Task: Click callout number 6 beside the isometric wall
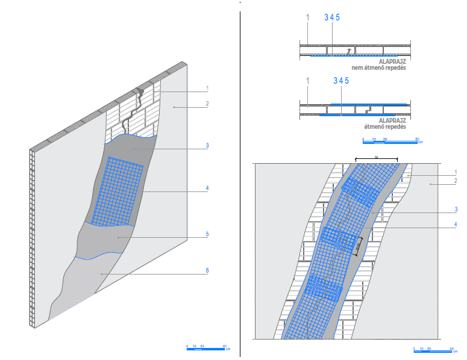pos(207,271)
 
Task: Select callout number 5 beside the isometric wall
pos(207,234)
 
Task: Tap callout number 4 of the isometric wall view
pos(207,188)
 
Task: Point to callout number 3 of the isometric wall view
pos(207,145)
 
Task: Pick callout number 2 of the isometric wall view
pos(207,104)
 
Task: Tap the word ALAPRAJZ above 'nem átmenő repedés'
pos(392,61)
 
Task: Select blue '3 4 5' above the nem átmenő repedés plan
pos(332,17)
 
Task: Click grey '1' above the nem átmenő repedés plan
pos(307,17)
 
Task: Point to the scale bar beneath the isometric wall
pos(206,348)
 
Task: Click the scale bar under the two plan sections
pos(390,141)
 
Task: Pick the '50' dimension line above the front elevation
pos(377,160)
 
